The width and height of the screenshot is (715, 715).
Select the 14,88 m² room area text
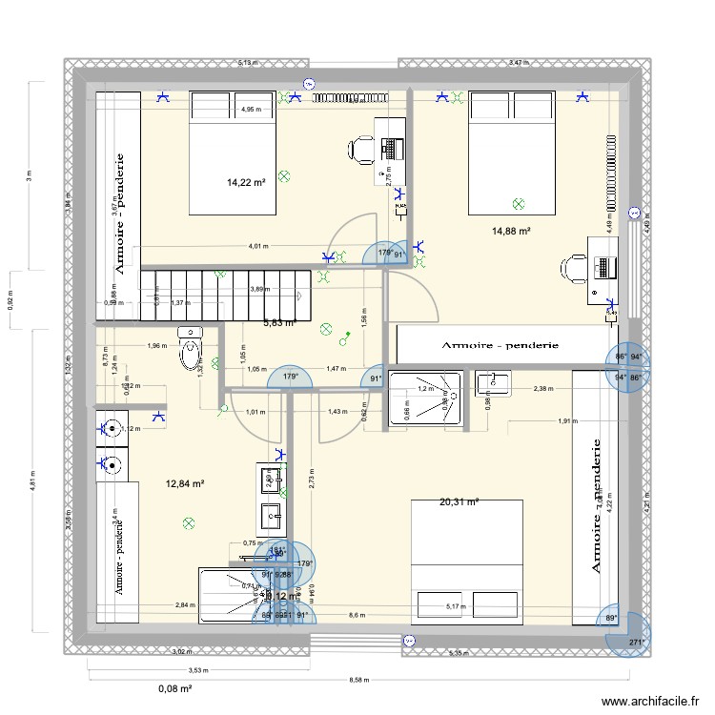pyautogui.click(x=510, y=230)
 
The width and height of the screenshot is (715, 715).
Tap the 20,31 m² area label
pyautogui.click(x=459, y=501)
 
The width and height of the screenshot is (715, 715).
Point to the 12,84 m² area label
pyautogui.click(x=185, y=483)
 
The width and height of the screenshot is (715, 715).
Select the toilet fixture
pyautogui.click(x=191, y=349)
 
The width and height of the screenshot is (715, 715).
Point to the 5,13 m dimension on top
pyautogui.click(x=247, y=63)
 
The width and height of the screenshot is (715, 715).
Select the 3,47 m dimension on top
pyautogui.click(x=518, y=63)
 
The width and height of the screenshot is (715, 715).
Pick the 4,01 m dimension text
pyautogui.click(x=257, y=246)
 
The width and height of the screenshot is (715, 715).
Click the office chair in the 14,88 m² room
pyautogui.click(x=574, y=269)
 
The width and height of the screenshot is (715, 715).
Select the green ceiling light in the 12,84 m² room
pyautogui.click(x=188, y=522)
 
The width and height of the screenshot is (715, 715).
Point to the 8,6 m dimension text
pyautogui.click(x=357, y=616)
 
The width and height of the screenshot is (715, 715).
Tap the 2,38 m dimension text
pyautogui.click(x=542, y=388)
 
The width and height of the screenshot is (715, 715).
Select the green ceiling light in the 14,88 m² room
pyautogui.click(x=518, y=203)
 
